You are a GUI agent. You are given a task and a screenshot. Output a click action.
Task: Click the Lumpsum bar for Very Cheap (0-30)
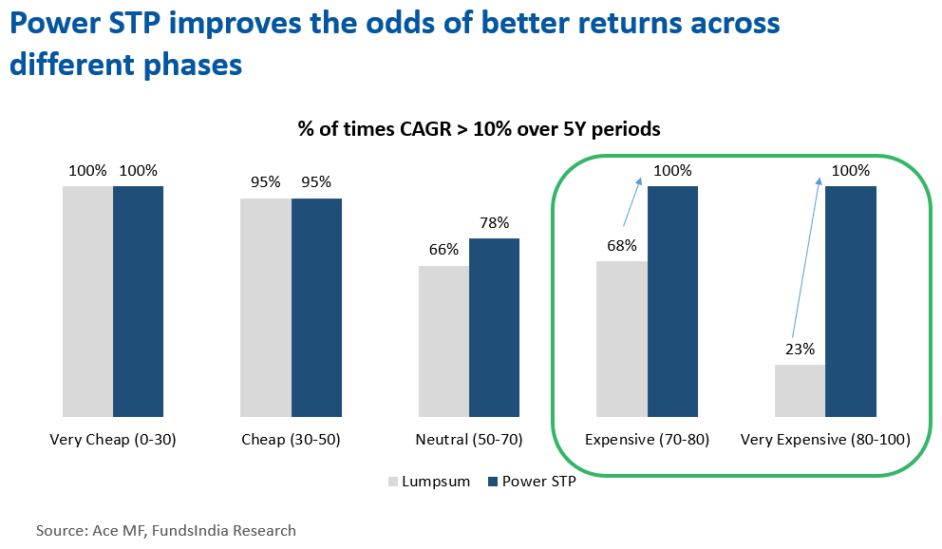tap(87, 301)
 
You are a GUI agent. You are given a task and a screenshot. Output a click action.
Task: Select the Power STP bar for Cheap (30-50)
tap(316, 307)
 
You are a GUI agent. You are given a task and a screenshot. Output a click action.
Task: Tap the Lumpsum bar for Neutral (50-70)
tap(443, 341)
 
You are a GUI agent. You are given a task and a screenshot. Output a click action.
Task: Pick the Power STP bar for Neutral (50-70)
tap(494, 327)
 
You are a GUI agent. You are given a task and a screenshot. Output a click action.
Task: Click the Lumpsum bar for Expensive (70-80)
tap(622, 338)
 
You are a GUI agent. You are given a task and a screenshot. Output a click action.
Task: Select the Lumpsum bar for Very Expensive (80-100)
tap(800, 390)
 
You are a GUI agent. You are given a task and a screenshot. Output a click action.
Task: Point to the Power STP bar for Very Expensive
tap(850, 301)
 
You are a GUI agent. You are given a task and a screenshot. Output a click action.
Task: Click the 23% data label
tap(800, 349)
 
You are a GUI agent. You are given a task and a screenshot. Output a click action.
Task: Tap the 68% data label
tap(622, 245)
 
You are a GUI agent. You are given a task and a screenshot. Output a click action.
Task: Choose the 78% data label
tap(494, 223)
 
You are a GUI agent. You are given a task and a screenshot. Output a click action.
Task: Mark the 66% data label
tap(443, 250)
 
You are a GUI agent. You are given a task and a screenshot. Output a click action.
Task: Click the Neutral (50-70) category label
tap(469, 441)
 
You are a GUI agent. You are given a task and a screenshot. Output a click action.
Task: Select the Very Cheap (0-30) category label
tap(113, 441)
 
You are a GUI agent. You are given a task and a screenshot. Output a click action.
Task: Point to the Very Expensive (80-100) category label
tap(825, 441)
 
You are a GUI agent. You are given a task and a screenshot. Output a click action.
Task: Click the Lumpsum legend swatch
tap(393, 482)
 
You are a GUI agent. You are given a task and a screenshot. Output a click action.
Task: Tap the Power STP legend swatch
tap(492, 482)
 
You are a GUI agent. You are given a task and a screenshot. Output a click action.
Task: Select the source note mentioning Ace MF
tap(166, 531)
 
